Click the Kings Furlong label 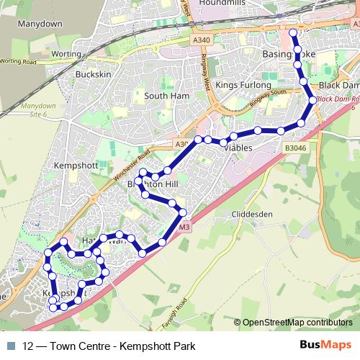click(246, 85)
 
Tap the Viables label click(238, 147)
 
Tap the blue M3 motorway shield click(185, 228)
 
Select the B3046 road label click(295, 148)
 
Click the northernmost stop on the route click(292, 32)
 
